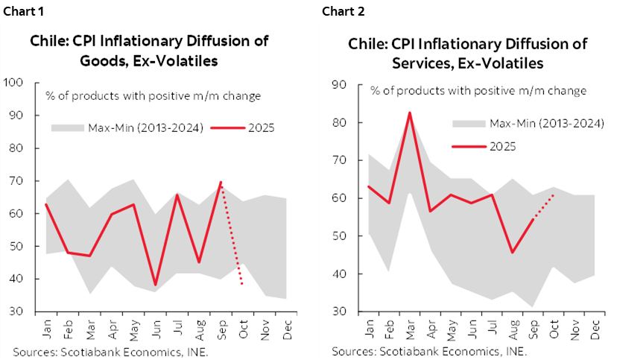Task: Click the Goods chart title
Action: (x=149, y=51)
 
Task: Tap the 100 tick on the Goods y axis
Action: (x=14, y=83)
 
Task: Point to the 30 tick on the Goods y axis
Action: (x=16, y=312)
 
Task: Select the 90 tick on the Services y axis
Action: (x=338, y=84)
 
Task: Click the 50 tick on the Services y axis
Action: (x=338, y=236)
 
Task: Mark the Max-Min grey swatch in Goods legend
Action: (x=67, y=128)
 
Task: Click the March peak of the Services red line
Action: (x=409, y=113)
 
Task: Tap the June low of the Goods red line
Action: (x=155, y=285)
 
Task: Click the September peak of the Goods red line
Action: (x=220, y=182)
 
